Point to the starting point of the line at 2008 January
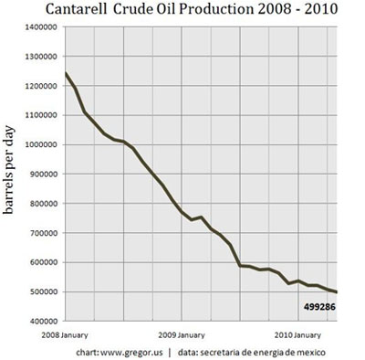65,73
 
